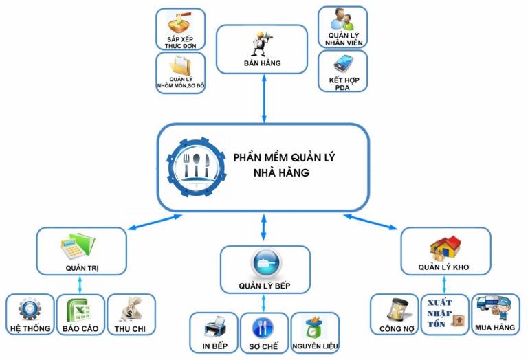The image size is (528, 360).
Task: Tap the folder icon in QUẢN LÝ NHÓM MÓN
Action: (181, 66)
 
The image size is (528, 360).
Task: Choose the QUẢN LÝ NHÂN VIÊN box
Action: (342, 27)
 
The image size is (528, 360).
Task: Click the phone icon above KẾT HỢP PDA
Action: (342, 64)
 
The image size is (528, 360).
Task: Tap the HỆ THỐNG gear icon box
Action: (30, 315)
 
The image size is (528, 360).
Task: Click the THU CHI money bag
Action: (131, 309)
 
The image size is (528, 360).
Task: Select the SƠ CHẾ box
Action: (264, 333)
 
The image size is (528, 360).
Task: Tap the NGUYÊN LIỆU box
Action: (314, 333)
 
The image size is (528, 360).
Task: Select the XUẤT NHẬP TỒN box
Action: (444, 315)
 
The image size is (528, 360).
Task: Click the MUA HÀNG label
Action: (494, 328)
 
